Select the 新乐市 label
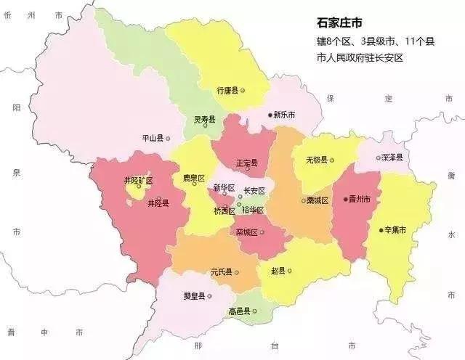[x=283, y=115]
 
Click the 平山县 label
[x=155, y=137]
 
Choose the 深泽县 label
[x=392, y=157]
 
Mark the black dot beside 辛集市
[x=381, y=230]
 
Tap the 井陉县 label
[x=158, y=203]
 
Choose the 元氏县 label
[x=221, y=272]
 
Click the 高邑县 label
[x=238, y=311]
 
